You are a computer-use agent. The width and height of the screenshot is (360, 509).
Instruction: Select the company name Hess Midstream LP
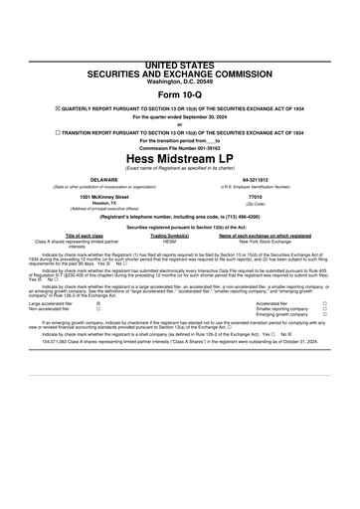179,157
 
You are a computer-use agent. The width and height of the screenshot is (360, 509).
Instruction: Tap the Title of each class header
71,234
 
